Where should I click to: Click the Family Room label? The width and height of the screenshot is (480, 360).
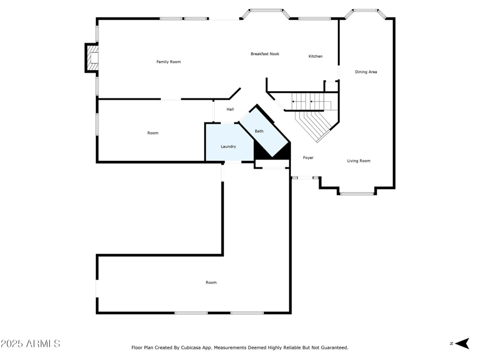tap(169, 62)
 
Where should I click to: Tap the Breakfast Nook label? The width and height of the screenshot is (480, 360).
tap(265, 54)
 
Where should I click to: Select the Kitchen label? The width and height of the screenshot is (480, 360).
tap(316, 56)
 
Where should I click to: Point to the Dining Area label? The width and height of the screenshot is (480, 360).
tap(366, 72)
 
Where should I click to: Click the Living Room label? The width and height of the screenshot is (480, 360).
tap(359, 161)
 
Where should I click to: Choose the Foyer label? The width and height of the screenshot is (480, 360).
tap(308, 158)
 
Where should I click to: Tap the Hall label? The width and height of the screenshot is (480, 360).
tap(230, 109)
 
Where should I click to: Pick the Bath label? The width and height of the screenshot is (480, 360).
tap(259, 131)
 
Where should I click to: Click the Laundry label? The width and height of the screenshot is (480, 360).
tap(228, 146)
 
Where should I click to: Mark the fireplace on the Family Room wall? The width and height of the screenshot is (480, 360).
tap(92, 58)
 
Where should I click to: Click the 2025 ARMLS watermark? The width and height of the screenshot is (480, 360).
tap(30, 344)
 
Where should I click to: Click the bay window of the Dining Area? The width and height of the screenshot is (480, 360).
tap(365, 11)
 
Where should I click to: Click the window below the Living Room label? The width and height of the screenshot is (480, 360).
tap(357, 193)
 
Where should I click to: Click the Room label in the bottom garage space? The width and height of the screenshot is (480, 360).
tap(211, 283)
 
